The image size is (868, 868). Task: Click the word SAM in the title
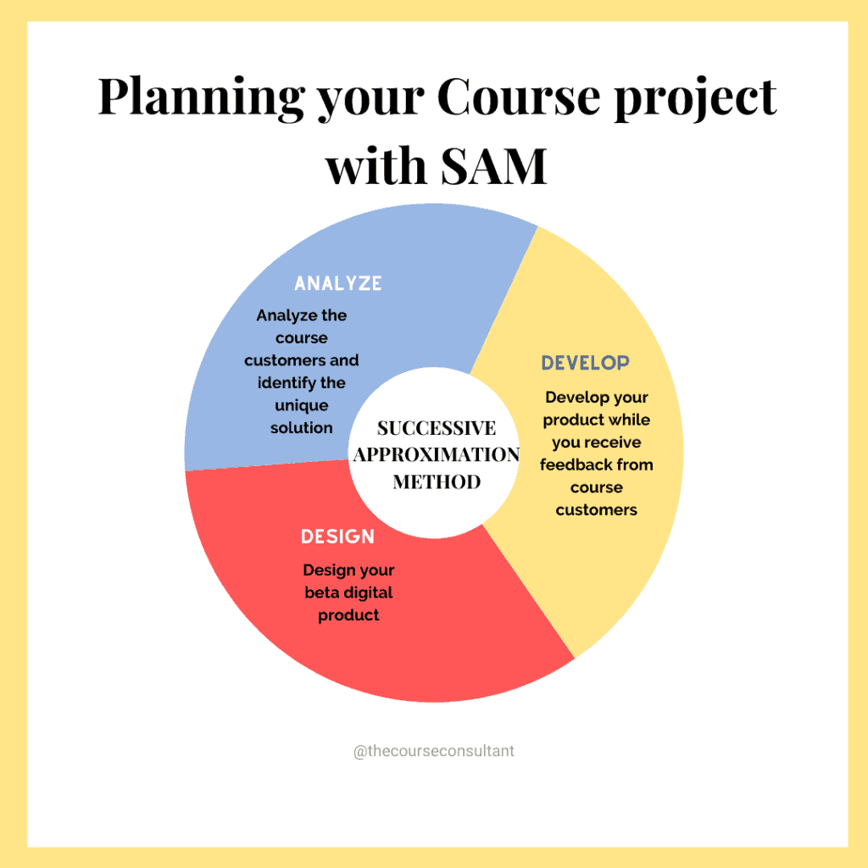pyautogui.click(x=494, y=166)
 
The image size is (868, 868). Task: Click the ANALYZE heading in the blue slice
pyautogui.click(x=337, y=283)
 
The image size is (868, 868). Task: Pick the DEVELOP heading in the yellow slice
pyautogui.click(x=585, y=363)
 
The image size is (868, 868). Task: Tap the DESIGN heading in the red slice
pyautogui.click(x=337, y=537)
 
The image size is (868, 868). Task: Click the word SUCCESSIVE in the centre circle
pyautogui.click(x=437, y=428)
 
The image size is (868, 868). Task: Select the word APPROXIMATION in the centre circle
pyautogui.click(x=437, y=454)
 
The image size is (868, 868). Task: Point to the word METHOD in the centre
pyautogui.click(x=437, y=481)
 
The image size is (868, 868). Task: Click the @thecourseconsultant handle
pyautogui.click(x=434, y=751)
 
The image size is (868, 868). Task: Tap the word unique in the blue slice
pyautogui.click(x=302, y=406)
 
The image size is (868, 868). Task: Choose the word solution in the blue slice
pyautogui.click(x=302, y=428)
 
